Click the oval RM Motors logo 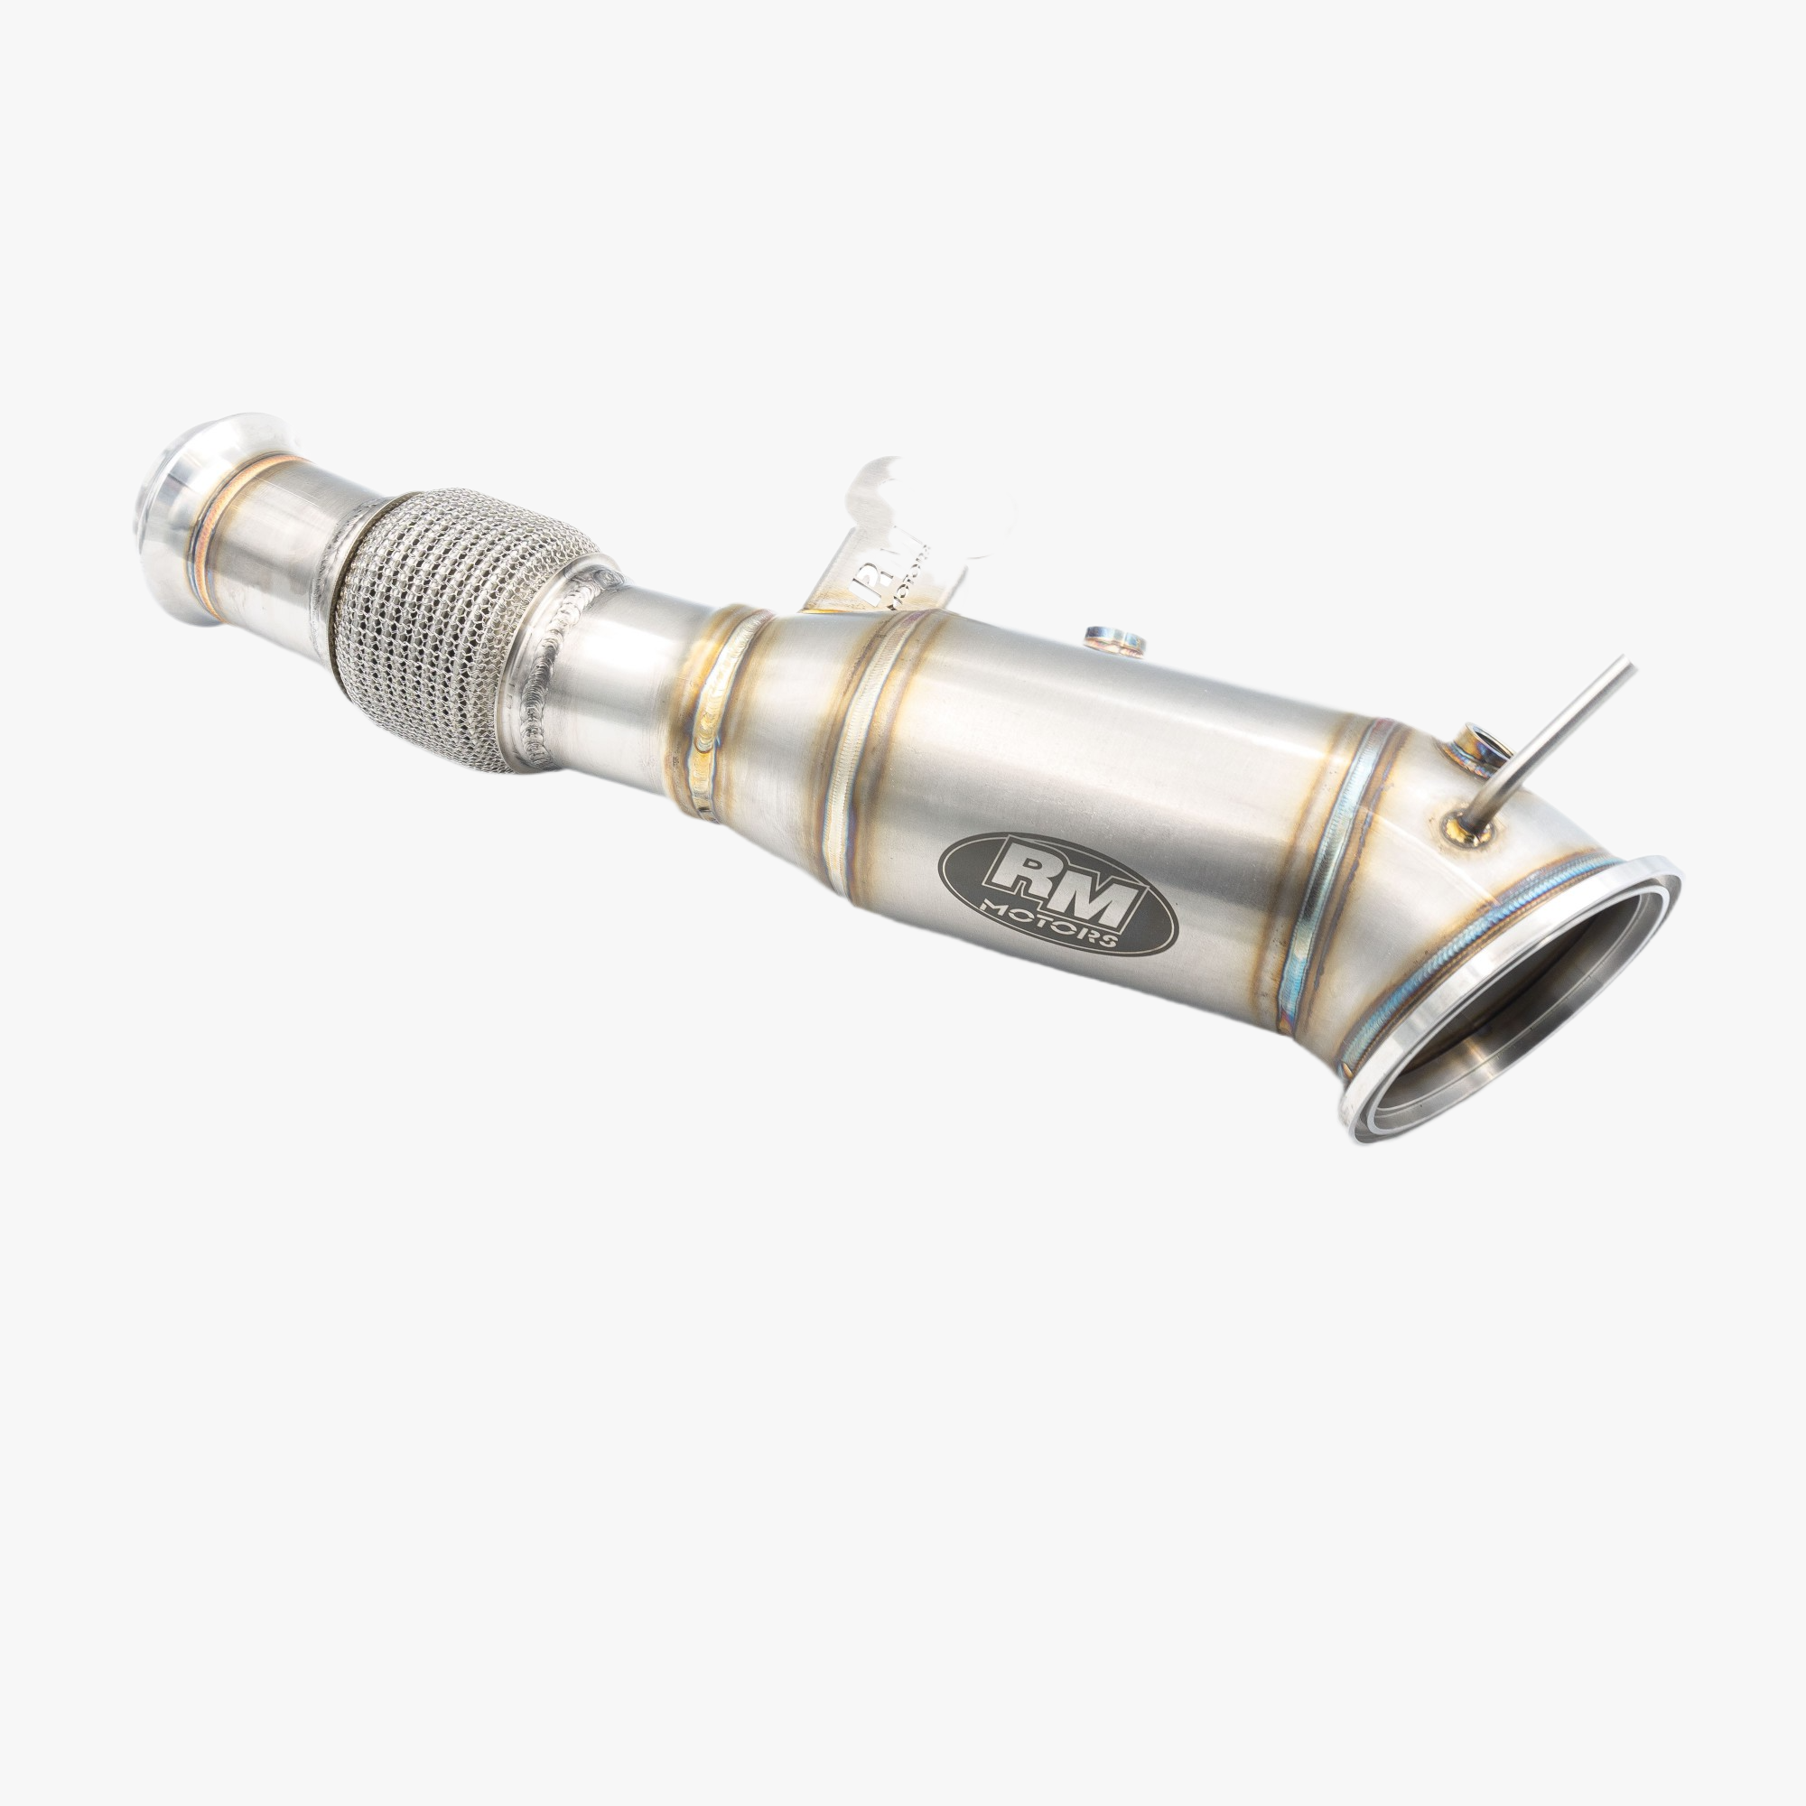pos(1062,895)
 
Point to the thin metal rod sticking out pos(1551,739)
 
